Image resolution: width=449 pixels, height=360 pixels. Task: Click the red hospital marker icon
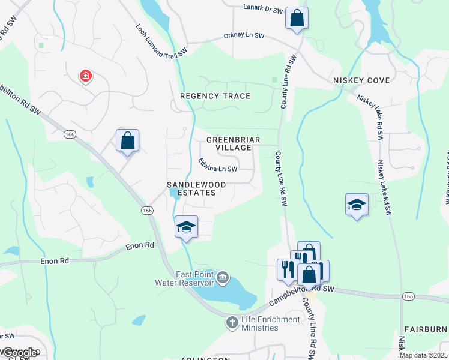[x=86, y=76]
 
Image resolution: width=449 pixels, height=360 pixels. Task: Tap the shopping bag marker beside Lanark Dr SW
[x=297, y=18]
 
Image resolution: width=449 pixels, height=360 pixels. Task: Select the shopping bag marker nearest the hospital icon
[x=127, y=141]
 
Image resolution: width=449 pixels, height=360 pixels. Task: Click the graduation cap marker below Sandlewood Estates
[x=186, y=227]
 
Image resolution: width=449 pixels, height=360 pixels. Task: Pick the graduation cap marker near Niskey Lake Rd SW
[x=357, y=205]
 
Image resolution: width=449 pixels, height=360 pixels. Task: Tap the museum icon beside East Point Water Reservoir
[x=223, y=277]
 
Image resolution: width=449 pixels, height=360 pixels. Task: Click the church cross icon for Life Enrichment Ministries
[x=232, y=323]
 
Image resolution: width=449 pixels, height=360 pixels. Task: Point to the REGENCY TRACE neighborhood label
[x=215, y=96]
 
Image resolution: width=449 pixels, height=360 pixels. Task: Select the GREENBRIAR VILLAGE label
[x=233, y=144]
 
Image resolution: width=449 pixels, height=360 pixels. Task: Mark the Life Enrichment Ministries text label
[x=270, y=323]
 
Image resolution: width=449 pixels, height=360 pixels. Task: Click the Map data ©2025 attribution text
[x=423, y=355]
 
